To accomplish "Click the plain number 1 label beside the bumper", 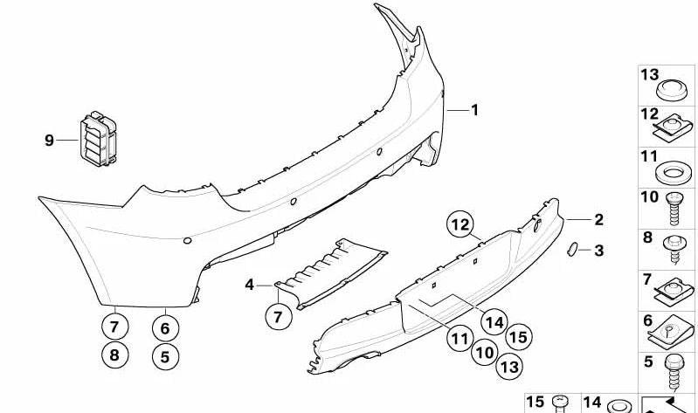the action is coord(475,110).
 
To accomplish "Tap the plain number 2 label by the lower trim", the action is coord(599,219).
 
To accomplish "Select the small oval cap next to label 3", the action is coord(572,249).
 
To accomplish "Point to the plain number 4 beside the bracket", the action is coord(249,285).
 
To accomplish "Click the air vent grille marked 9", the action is coord(99,139).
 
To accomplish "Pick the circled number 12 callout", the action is coord(460,224).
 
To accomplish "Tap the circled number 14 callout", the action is coord(494,322).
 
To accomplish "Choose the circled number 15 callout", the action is coord(519,337).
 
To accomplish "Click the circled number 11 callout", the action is coord(460,339).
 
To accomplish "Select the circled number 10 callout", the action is coord(485,353).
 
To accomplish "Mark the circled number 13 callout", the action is coord(509,367).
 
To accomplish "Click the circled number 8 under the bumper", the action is coord(114,355).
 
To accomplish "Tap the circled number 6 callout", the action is coord(165,328).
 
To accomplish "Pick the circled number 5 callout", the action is coord(165,357).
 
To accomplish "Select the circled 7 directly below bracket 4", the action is coord(278,317).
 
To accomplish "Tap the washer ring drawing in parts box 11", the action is coord(674,174).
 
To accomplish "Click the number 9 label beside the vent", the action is coord(49,141).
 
